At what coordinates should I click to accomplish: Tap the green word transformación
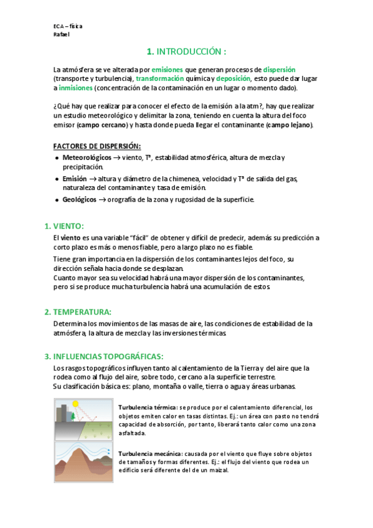pos(159,79)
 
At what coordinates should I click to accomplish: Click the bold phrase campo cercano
pos(102,125)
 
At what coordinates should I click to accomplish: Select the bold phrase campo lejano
pos(290,125)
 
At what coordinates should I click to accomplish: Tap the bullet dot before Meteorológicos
pos(57,158)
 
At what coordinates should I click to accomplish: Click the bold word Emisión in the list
pos(75,179)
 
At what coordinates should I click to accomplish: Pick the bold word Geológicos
pos(79,199)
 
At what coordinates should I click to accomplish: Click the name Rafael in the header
pos(61,35)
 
